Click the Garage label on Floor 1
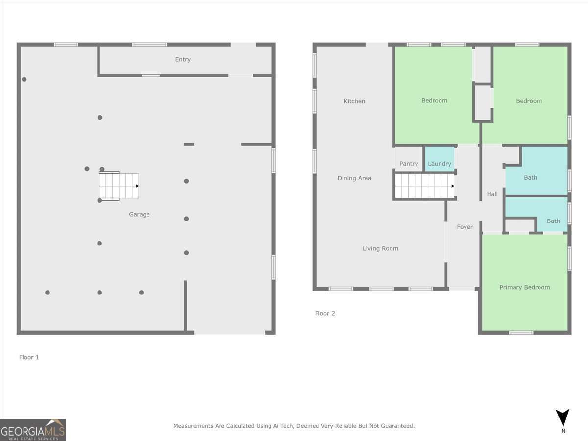tap(139, 214)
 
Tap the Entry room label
tap(183, 59)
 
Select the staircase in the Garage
tap(119, 186)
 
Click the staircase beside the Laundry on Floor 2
tap(424, 186)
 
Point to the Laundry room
tap(439, 159)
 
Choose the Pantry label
tap(409, 164)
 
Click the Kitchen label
tap(354, 101)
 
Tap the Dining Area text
tap(354, 178)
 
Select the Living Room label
tap(380, 248)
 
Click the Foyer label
tap(465, 227)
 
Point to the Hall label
tap(492, 194)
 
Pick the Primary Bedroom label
tap(524, 287)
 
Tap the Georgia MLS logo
tap(33, 430)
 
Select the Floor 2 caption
tap(325, 313)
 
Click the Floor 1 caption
tap(29, 357)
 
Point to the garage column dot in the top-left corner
tap(24, 79)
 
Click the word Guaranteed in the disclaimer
tap(397, 426)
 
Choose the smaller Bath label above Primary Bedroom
tap(553, 221)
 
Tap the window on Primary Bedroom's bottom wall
tap(521, 333)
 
